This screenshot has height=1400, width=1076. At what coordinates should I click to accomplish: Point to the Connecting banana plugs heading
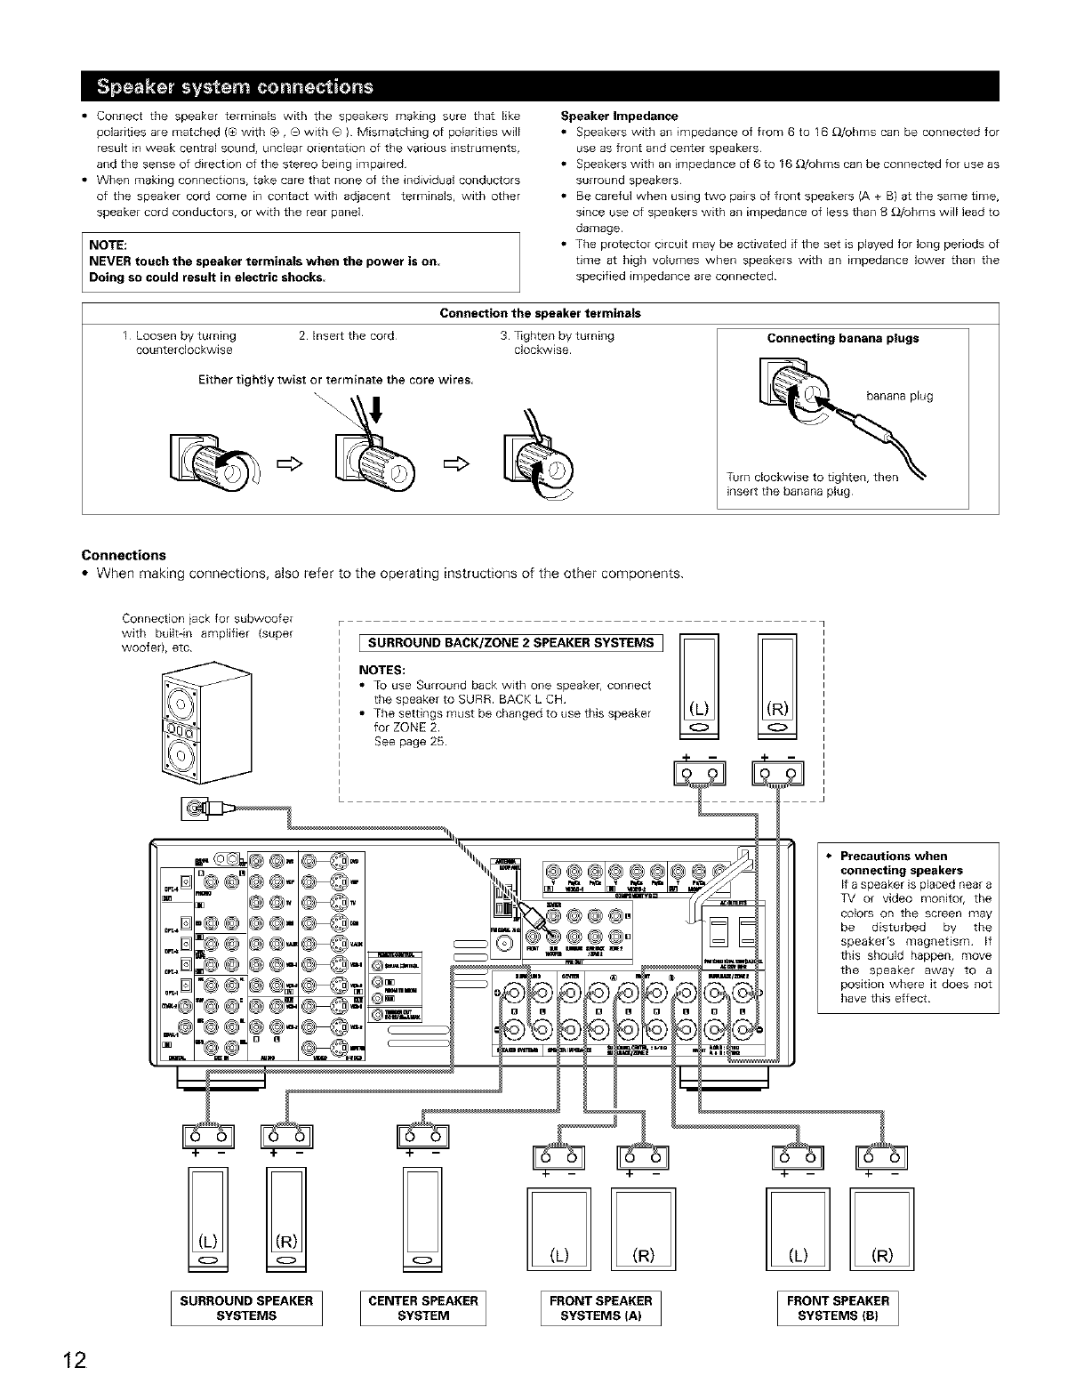[842, 338]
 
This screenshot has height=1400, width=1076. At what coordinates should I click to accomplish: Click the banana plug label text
[898, 396]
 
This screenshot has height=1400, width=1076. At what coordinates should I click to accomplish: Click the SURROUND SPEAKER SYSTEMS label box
[246, 1307]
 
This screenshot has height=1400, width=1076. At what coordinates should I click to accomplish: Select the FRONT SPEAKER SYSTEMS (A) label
[600, 1307]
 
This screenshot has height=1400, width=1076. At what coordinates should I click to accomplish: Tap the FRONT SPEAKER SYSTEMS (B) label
[838, 1307]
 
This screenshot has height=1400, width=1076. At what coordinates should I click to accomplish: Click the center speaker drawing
[422, 1220]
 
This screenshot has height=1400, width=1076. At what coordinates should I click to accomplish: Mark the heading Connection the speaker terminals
[540, 313]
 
